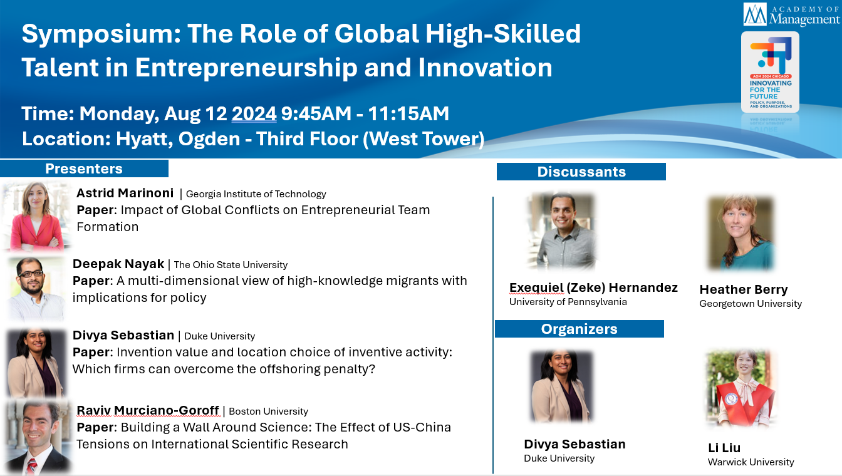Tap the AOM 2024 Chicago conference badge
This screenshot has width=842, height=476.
[770, 72]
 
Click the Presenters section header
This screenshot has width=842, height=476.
[84, 168]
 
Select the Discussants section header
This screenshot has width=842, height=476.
[581, 172]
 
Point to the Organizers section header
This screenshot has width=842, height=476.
[580, 329]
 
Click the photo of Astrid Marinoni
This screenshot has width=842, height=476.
[36, 217]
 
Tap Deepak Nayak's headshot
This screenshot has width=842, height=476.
[36, 289]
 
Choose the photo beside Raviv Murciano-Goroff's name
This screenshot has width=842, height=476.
[38, 437]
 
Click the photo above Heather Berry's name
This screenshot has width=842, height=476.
[741, 233]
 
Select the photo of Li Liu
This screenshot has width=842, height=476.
[741, 389]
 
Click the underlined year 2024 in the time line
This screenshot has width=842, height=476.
[254, 113]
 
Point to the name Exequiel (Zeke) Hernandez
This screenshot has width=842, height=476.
[593, 287]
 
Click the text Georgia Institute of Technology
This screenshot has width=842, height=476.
[256, 194]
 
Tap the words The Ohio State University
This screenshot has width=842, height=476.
[231, 265]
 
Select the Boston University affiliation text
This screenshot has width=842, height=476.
[268, 411]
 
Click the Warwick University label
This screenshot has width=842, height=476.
[751, 462]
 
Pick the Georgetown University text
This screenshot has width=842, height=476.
[751, 304]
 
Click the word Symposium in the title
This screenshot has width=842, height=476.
[101, 34]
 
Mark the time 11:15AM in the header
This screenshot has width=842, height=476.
[408, 113]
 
